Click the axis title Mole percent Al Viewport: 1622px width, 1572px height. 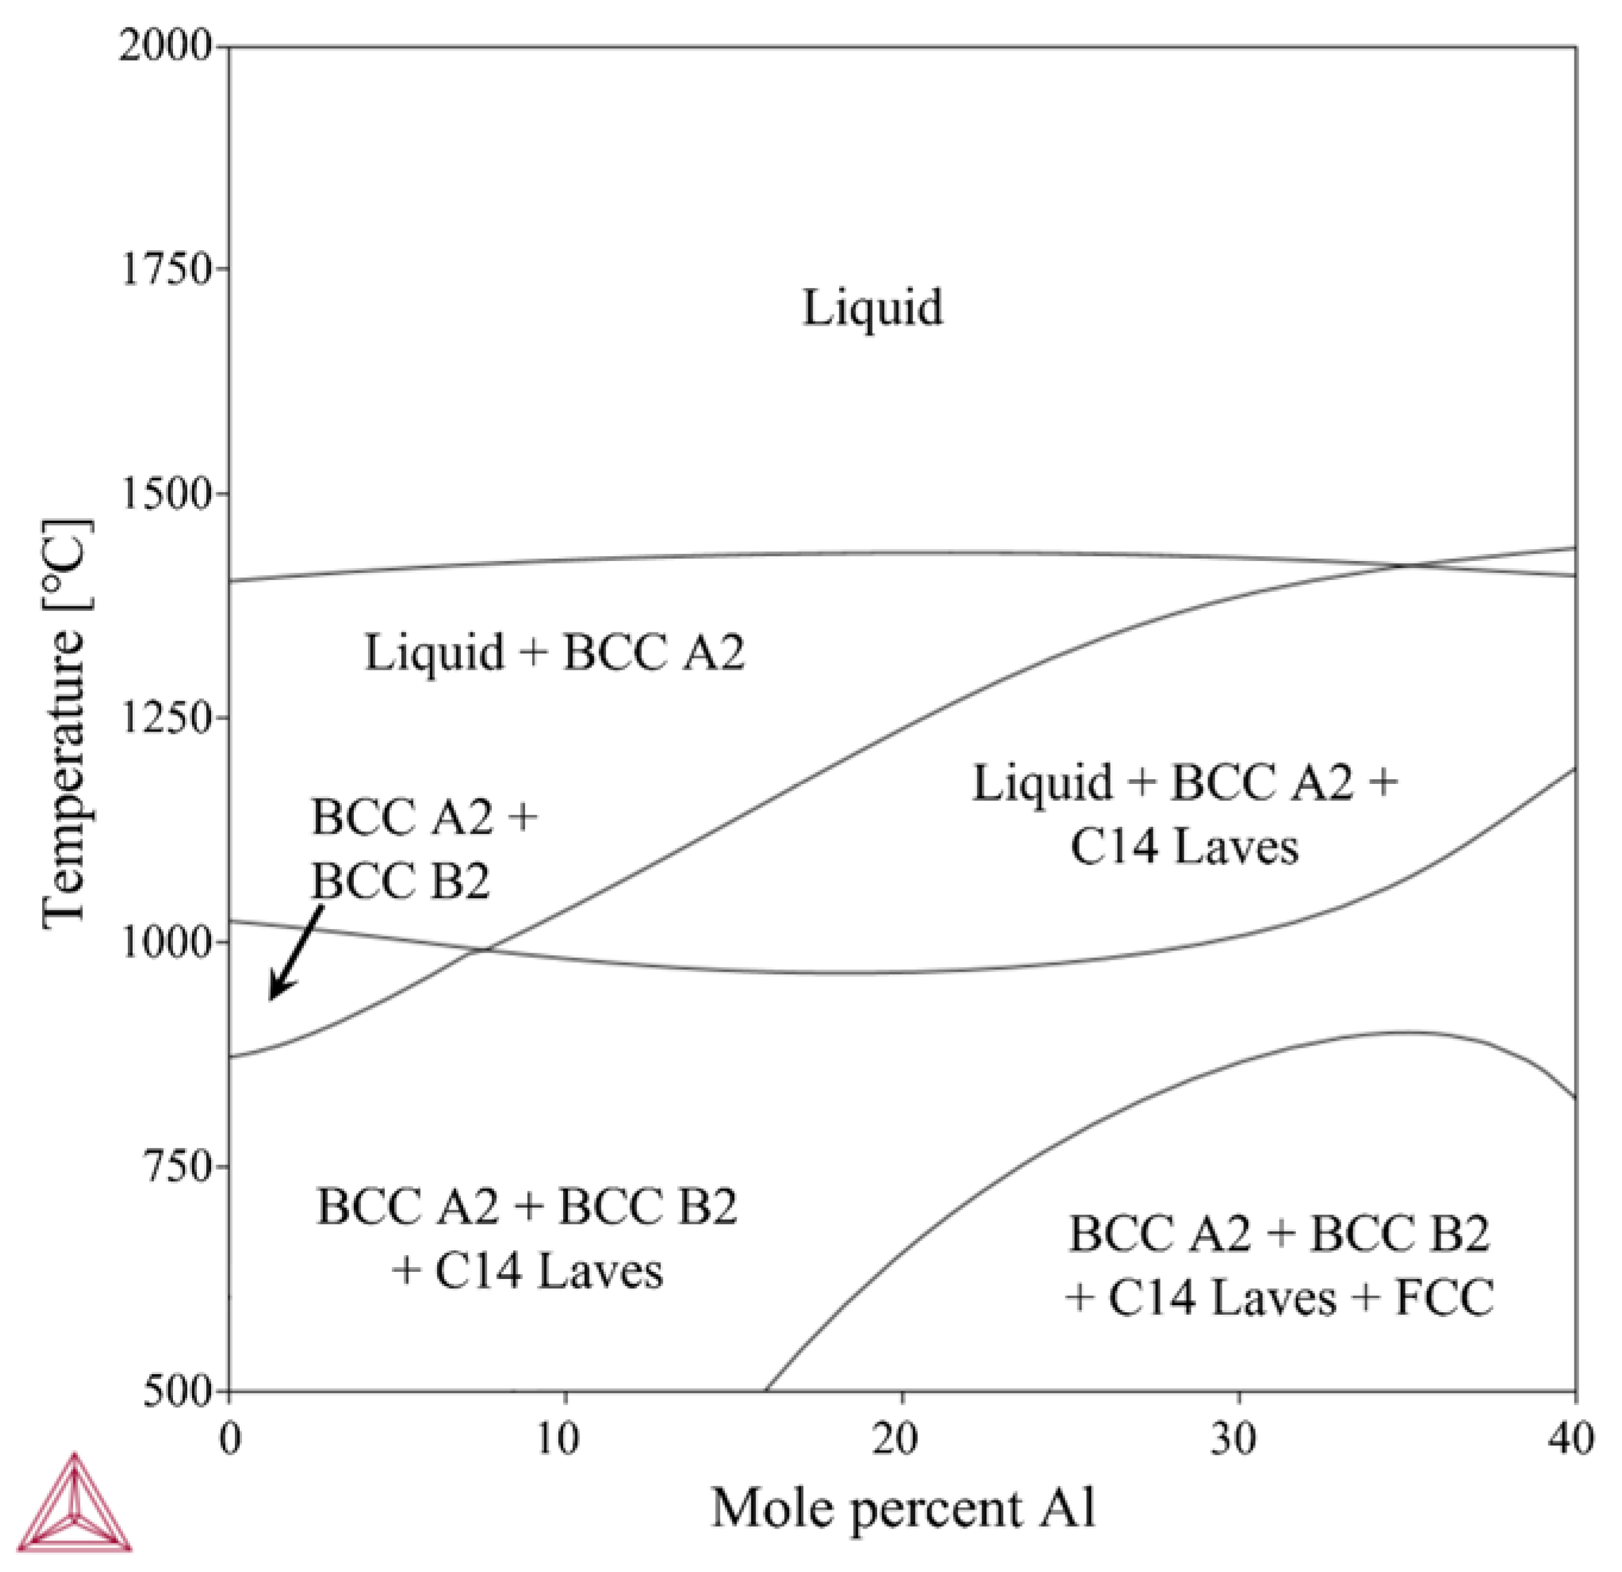click(904, 1507)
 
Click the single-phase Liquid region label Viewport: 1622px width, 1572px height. click(872, 308)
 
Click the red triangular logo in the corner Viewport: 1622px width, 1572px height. click(74, 1502)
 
